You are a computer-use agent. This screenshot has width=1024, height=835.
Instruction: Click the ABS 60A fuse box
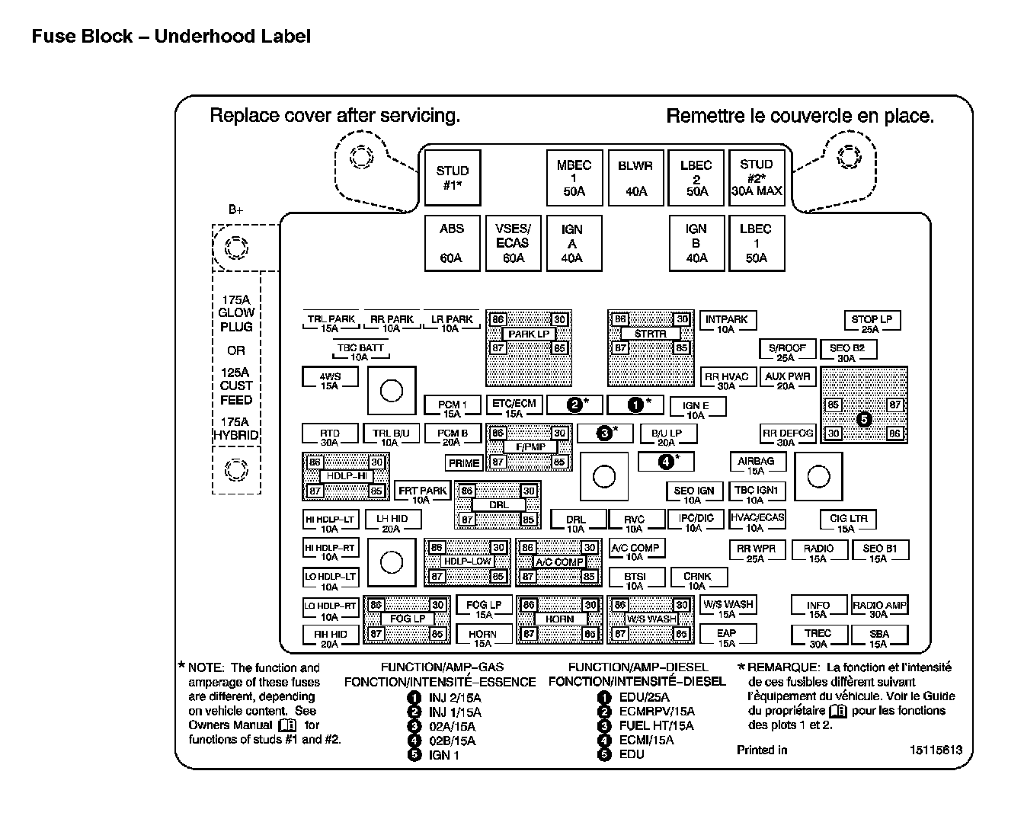tap(452, 243)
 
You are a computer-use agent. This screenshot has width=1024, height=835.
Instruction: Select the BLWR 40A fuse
tap(635, 178)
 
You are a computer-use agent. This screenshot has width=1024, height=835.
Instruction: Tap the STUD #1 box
tap(453, 178)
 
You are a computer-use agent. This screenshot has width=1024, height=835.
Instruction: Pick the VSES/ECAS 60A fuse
tap(513, 243)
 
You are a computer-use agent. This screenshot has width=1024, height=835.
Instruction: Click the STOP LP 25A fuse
tap(871, 323)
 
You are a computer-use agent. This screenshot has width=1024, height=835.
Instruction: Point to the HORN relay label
tap(559, 619)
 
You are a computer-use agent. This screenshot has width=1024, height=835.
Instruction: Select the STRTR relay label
tap(650, 334)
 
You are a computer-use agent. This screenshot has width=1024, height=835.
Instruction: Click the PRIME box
tap(464, 462)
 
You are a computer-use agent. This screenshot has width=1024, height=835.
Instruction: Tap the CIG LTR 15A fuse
tap(848, 523)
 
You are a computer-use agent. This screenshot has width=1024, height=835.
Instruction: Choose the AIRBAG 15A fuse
tap(756, 465)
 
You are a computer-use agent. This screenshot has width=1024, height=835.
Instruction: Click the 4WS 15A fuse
tap(330, 380)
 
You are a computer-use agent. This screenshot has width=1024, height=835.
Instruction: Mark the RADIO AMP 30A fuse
tap(879, 609)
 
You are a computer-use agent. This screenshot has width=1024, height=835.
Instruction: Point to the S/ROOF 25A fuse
tap(787, 351)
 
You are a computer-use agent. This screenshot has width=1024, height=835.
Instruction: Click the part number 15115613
tap(936, 750)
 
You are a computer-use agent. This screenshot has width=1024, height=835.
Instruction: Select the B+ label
tap(235, 210)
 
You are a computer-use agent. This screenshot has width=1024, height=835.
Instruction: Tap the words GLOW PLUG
tap(236, 319)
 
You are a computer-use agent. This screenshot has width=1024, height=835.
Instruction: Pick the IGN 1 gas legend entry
tap(443, 755)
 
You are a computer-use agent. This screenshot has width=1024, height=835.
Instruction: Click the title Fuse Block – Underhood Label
tap(171, 36)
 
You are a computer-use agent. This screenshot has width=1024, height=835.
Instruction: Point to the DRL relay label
tap(498, 505)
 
